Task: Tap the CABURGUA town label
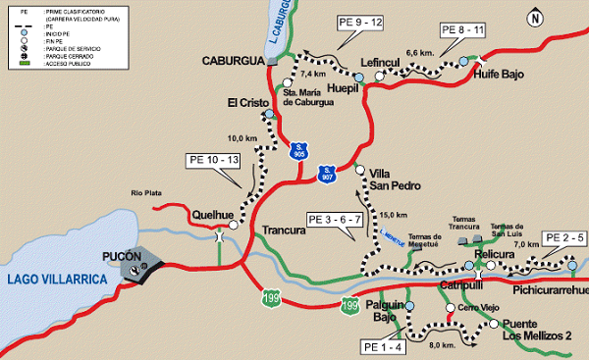tap(233, 61)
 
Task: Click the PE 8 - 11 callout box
tap(462, 29)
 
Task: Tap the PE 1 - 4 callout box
tap(383, 346)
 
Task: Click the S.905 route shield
tap(300, 150)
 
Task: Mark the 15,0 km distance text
tap(393, 215)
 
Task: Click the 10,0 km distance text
tap(241, 138)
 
